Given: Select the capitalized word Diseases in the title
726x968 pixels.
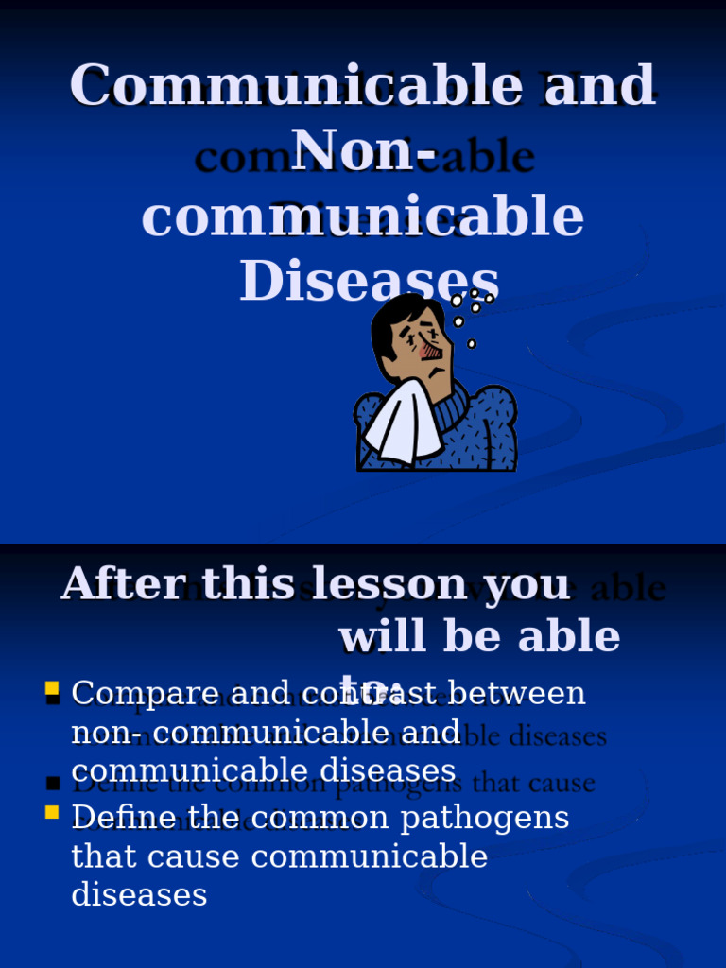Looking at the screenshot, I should [x=370, y=282].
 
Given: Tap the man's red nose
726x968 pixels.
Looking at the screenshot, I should [x=430, y=351].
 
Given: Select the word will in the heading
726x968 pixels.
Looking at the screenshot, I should [x=378, y=638].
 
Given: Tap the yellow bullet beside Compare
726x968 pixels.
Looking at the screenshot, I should [x=52, y=688].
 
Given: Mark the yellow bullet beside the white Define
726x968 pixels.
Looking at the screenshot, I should [x=52, y=812].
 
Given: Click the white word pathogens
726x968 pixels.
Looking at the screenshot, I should [x=484, y=819].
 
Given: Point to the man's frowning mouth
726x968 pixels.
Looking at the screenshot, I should [x=436, y=372].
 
